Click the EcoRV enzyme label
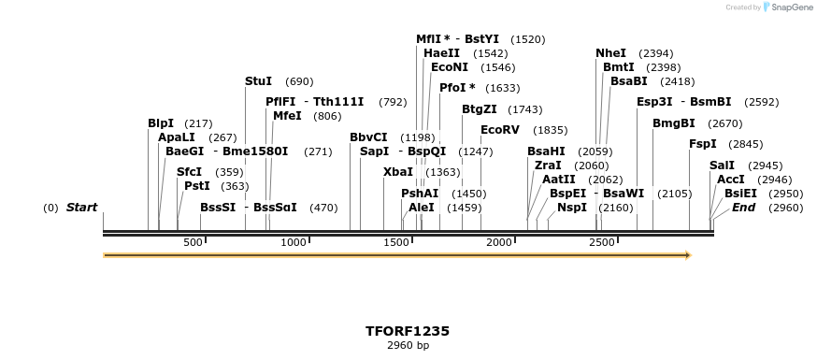[499, 130]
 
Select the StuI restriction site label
[258, 82]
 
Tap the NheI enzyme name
[611, 53]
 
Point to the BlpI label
[161, 123]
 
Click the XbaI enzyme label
[398, 172]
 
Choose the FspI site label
[702, 144]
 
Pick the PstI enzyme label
[197, 186]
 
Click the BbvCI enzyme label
[368, 137]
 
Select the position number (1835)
[550, 131]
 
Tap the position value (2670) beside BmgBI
[724, 123]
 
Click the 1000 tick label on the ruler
[294, 243]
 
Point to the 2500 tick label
[601, 243]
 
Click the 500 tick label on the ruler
[193, 243]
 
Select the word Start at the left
[81, 208]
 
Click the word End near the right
[743, 208]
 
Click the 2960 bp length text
[408, 346]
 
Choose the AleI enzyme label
[422, 208]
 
